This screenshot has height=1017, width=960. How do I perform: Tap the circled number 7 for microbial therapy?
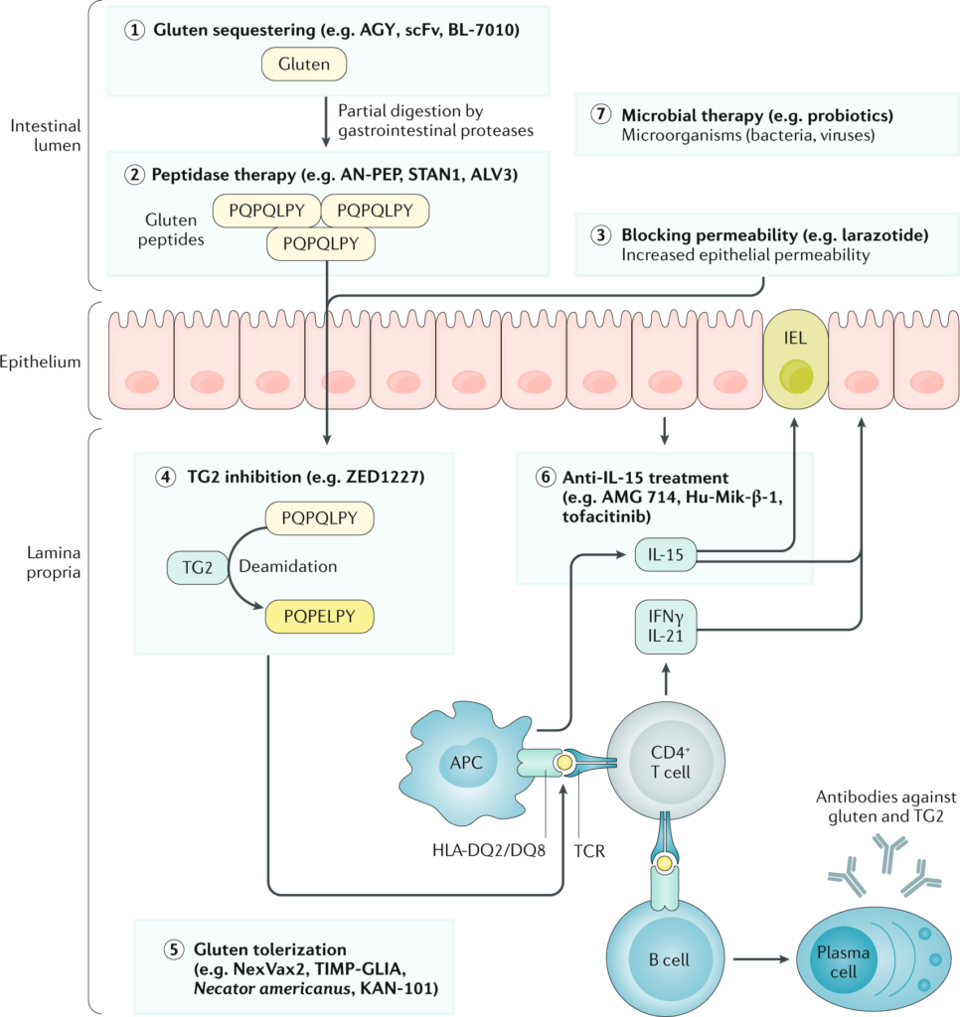coord(599,114)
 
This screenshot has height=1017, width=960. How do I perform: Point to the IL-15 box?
coord(666,554)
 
